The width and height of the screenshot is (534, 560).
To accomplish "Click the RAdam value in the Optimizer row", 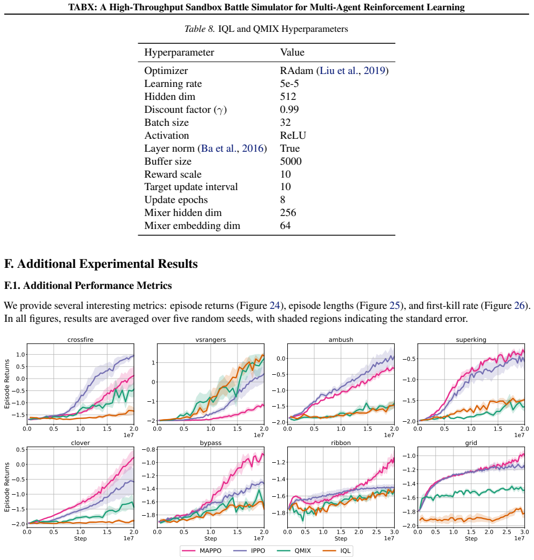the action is (x=296, y=71).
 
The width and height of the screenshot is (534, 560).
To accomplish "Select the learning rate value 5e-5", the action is (x=289, y=84).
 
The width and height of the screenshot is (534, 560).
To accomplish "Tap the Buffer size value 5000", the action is (x=290, y=161).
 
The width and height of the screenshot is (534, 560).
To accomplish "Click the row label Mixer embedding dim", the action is (x=192, y=226).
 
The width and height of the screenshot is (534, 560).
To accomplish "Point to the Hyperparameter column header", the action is (x=179, y=52).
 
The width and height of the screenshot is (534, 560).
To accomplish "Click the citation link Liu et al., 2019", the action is (x=352, y=71).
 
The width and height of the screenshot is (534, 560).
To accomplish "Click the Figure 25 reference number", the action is (x=394, y=306).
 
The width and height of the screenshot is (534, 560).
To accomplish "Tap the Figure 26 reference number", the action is (x=519, y=306).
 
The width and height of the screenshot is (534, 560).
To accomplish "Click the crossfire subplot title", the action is (x=80, y=340).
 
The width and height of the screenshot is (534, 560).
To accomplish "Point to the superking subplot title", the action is (x=471, y=340).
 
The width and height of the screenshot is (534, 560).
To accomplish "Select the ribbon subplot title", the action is (x=341, y=443).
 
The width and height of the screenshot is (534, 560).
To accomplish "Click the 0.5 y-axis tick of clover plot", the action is (x=21, y=450).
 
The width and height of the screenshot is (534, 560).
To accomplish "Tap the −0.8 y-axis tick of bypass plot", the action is (x=149, y=450).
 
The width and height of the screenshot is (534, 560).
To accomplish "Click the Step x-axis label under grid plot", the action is (x=471, y=538).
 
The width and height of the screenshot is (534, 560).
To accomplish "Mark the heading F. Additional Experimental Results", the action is (x=101, y=264).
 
